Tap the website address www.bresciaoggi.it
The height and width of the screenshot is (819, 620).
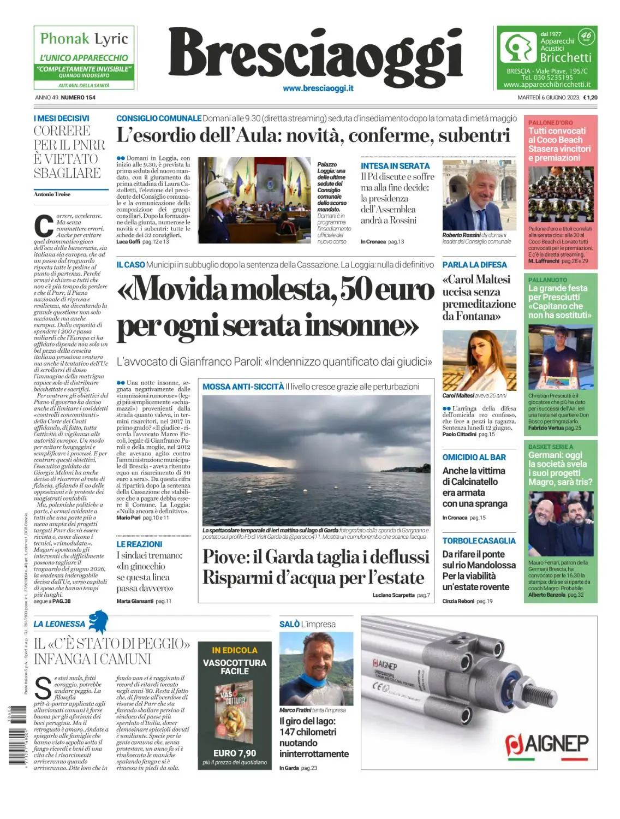(x=318, y=88)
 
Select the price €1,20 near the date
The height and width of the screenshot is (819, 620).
(x=590, y=98)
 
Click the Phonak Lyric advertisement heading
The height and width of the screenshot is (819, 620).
(x=84, y=39)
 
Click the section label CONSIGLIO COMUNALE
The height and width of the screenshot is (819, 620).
(x=159, y=118)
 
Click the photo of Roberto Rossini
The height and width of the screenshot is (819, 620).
(x=479, y=195)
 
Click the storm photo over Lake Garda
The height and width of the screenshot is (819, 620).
(x=316, y=460)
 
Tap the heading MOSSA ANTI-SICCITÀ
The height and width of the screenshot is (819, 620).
(x=243, y=387)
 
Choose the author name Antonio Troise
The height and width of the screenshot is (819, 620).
(x=52, y=194)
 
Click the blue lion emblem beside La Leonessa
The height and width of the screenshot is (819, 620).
(x=99, y=621)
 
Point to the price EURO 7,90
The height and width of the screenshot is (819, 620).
(x=235, y=753)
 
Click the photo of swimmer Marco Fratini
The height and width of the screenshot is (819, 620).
(x=316, y=668)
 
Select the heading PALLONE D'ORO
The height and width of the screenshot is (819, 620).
(x=550, y=123)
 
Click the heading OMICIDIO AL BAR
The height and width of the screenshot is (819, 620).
(x=474, y=458)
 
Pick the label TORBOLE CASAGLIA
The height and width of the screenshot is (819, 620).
(x=479, y=541)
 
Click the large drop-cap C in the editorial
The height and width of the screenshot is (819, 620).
(x=44, y=226)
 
